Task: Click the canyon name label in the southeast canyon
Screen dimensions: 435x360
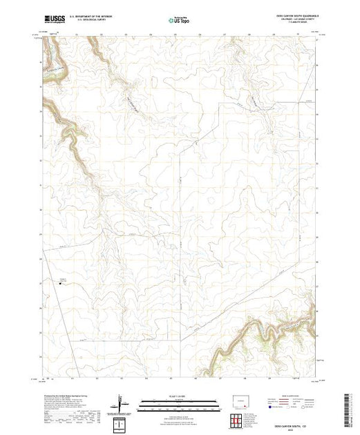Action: [294, 322]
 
